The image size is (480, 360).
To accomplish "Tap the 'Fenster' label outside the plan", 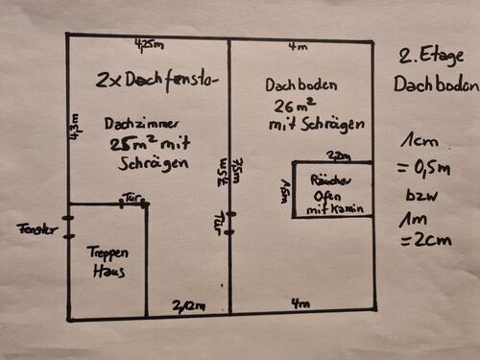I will coord(36,229).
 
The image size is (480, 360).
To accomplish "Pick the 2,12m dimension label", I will coord(188,305).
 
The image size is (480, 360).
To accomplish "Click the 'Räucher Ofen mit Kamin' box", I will coord(332,193).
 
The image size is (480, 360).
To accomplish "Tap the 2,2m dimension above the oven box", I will coord(339,156).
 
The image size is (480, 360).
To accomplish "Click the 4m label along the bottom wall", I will coord(300,304).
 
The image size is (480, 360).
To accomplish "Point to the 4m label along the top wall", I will coord(300,45).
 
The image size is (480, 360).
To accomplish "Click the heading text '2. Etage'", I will coord(433,56).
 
